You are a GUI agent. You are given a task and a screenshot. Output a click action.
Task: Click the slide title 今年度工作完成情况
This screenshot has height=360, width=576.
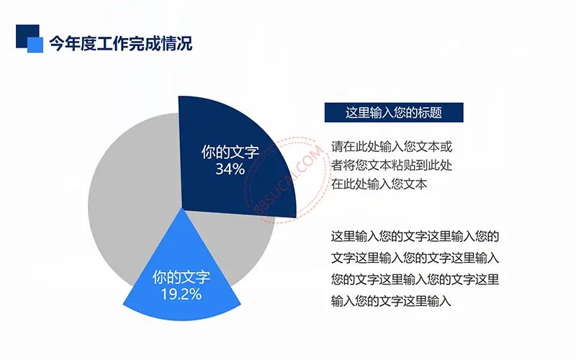tap(120, 43)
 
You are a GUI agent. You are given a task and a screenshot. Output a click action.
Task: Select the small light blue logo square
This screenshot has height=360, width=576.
tap(35, 45)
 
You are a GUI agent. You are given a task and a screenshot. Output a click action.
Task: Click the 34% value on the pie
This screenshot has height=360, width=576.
tap(230, 169)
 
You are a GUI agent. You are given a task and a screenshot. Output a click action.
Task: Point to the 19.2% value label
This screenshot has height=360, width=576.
tap(181, 294)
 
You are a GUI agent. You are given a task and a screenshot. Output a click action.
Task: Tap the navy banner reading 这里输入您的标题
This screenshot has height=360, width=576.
tap(394, 112)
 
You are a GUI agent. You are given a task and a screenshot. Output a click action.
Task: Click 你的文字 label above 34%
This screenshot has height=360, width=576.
tap(230, 152)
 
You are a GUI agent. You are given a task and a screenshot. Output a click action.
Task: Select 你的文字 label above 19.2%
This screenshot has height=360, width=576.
tap(181, 277)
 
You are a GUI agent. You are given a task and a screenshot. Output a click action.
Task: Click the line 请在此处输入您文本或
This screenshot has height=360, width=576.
tap(392, 147)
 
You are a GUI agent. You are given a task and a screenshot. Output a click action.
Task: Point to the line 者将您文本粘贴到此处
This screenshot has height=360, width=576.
tap(392, 166)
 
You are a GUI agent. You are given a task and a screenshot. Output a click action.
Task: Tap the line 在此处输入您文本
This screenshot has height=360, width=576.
tap(379, 184)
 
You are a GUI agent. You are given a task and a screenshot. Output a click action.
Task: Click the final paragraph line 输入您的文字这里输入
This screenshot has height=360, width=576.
tap(391, 301)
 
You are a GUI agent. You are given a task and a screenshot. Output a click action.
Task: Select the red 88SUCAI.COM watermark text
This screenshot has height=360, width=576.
tap(289, 180)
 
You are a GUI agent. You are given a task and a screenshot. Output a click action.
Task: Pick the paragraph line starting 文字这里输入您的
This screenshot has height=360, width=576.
tap(415, 258)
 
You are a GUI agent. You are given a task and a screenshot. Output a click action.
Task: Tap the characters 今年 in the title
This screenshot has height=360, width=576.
tap(65, 43)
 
